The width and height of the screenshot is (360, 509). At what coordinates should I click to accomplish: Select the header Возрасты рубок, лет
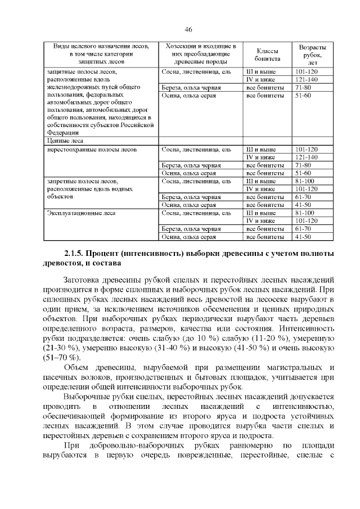312,54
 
